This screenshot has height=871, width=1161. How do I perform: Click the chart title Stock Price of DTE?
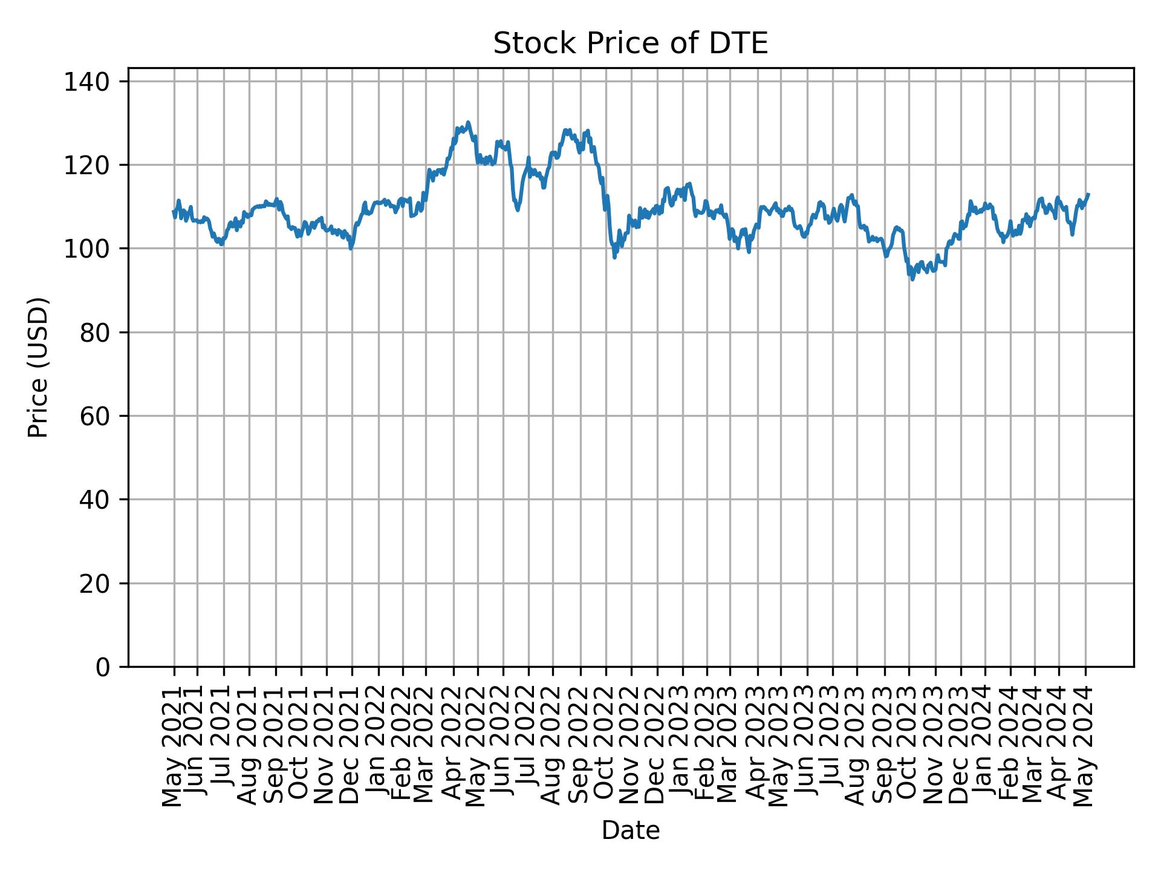630,44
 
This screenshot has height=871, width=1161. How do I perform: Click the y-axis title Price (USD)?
37,367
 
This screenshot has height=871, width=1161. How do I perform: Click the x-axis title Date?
630,830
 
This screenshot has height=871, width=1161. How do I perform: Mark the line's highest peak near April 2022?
468,122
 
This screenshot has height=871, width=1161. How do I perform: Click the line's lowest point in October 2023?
912,279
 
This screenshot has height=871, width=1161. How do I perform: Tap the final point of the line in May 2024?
1088,194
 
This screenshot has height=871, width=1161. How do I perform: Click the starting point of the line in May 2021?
174,211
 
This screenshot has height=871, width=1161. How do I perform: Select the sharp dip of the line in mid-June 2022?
517,210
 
